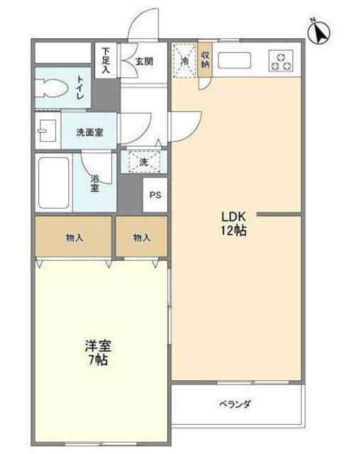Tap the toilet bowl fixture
point(52,88)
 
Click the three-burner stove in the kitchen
point(280,61)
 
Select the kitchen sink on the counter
point(234,60)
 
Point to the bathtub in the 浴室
point(54,183)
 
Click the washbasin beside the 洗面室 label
point(47,131)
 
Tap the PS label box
point(155,195)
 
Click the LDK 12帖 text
point(234,223)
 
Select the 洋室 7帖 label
point(98,353)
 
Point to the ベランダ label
point(235,404)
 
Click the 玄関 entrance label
point(144,62)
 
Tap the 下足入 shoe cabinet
point(106,60)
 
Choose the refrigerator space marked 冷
point(185,60)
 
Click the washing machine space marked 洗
point(143,162)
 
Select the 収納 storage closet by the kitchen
point(205,60)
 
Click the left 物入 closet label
point(75,238)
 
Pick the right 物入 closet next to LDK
point(142,236)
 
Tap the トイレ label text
point(80,88)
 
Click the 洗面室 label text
point(89,133)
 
